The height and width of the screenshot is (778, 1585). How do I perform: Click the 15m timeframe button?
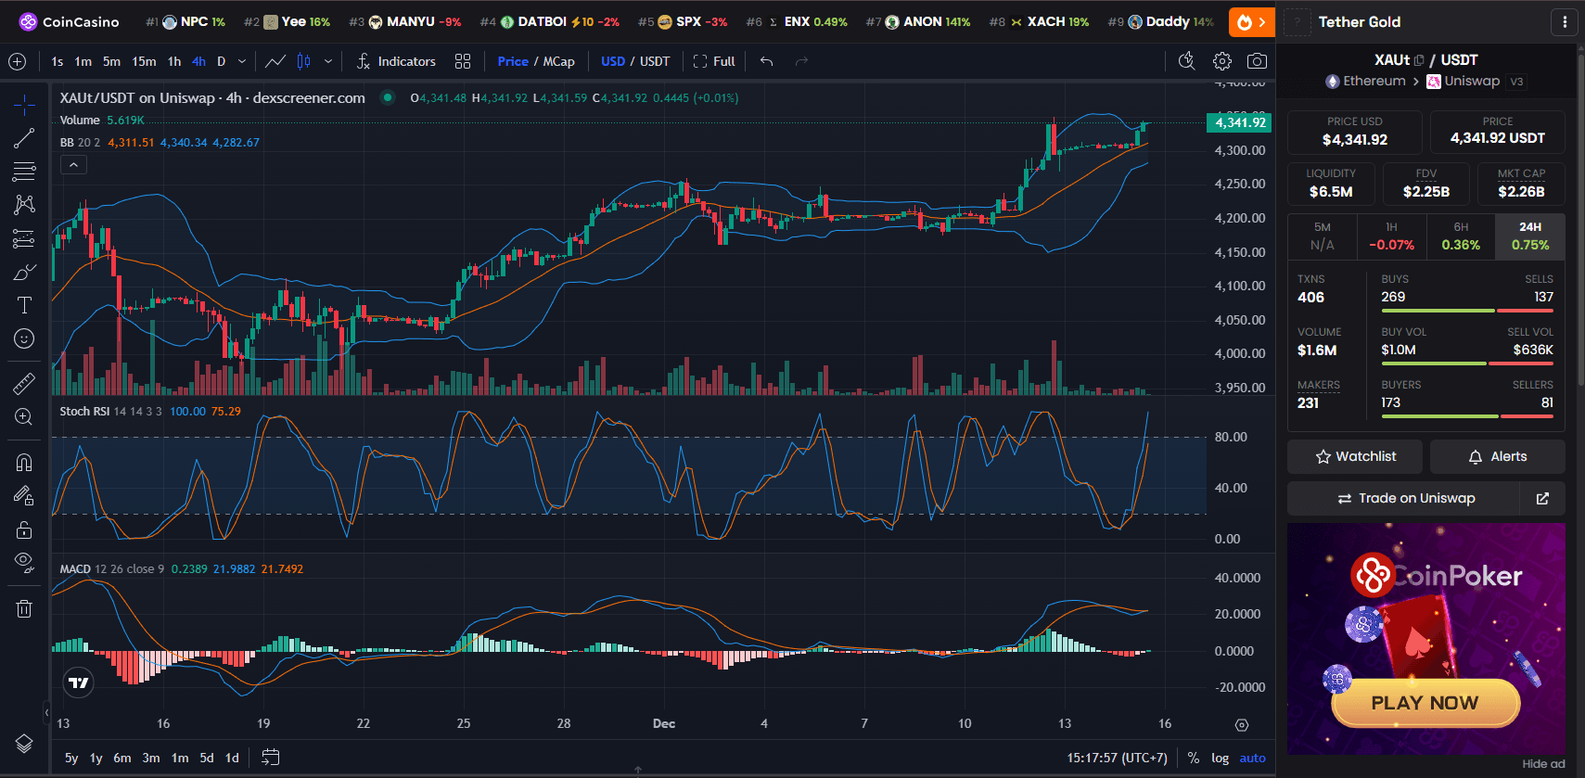point(144,61)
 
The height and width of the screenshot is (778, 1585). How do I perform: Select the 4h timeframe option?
point(198,61)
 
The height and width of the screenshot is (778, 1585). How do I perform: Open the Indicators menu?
point(396,61)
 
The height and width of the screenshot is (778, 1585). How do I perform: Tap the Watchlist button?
point(1355,456)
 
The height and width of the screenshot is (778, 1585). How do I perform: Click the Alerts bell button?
point(1497,456)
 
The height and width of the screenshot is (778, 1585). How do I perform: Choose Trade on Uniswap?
point(1405,498)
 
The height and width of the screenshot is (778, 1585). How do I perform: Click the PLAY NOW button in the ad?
point(1425,703)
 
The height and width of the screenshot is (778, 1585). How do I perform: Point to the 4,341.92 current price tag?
point(1239,122)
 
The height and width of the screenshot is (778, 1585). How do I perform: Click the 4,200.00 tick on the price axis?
point(1239,218)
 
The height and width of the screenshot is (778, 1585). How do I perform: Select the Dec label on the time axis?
point(664,723)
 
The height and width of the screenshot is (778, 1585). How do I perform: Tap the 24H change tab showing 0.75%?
point(1529,236)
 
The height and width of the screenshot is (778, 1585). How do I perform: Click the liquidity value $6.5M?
point(1330,192)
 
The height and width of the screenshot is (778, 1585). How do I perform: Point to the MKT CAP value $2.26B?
point(1521,192)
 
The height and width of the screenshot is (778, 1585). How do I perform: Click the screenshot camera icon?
point(1257,61)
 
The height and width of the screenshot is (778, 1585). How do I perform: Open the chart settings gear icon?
point(1222,61)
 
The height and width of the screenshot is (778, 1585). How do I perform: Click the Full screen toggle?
point(714,61)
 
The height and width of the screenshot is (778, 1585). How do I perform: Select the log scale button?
point(1220,758)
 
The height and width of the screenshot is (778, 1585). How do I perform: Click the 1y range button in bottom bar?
point(96,758)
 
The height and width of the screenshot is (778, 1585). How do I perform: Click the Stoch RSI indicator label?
point(84,411)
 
